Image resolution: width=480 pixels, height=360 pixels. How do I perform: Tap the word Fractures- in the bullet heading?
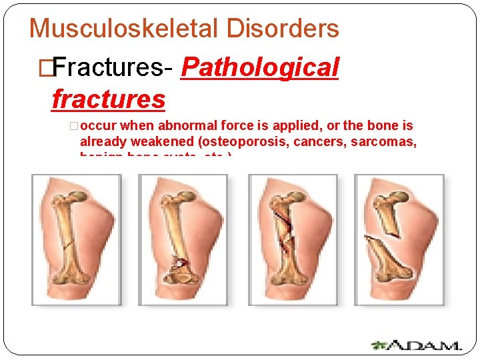[113, 67]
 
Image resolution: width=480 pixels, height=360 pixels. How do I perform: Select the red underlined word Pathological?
[260, 67]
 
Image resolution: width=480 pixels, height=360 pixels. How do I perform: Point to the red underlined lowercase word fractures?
[108, 100]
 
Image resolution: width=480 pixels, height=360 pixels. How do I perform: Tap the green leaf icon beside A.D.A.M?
[379, 345]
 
